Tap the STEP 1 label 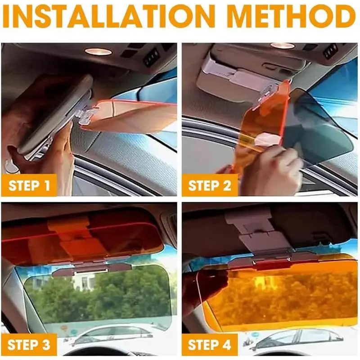pos(29,185)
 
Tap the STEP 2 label pos(209,185)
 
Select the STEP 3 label pos(29,345)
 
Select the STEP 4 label pos(209,345)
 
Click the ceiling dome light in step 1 pos(98,52)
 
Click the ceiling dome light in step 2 pos(282,45)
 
